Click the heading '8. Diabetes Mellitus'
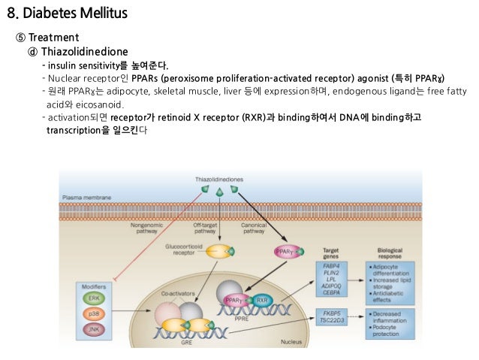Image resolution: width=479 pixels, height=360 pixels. (67, 14)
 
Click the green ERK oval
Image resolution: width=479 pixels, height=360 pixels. (94, 298)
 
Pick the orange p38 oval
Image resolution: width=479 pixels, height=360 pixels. (94, 313)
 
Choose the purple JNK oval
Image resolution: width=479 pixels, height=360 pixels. (94, 328)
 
